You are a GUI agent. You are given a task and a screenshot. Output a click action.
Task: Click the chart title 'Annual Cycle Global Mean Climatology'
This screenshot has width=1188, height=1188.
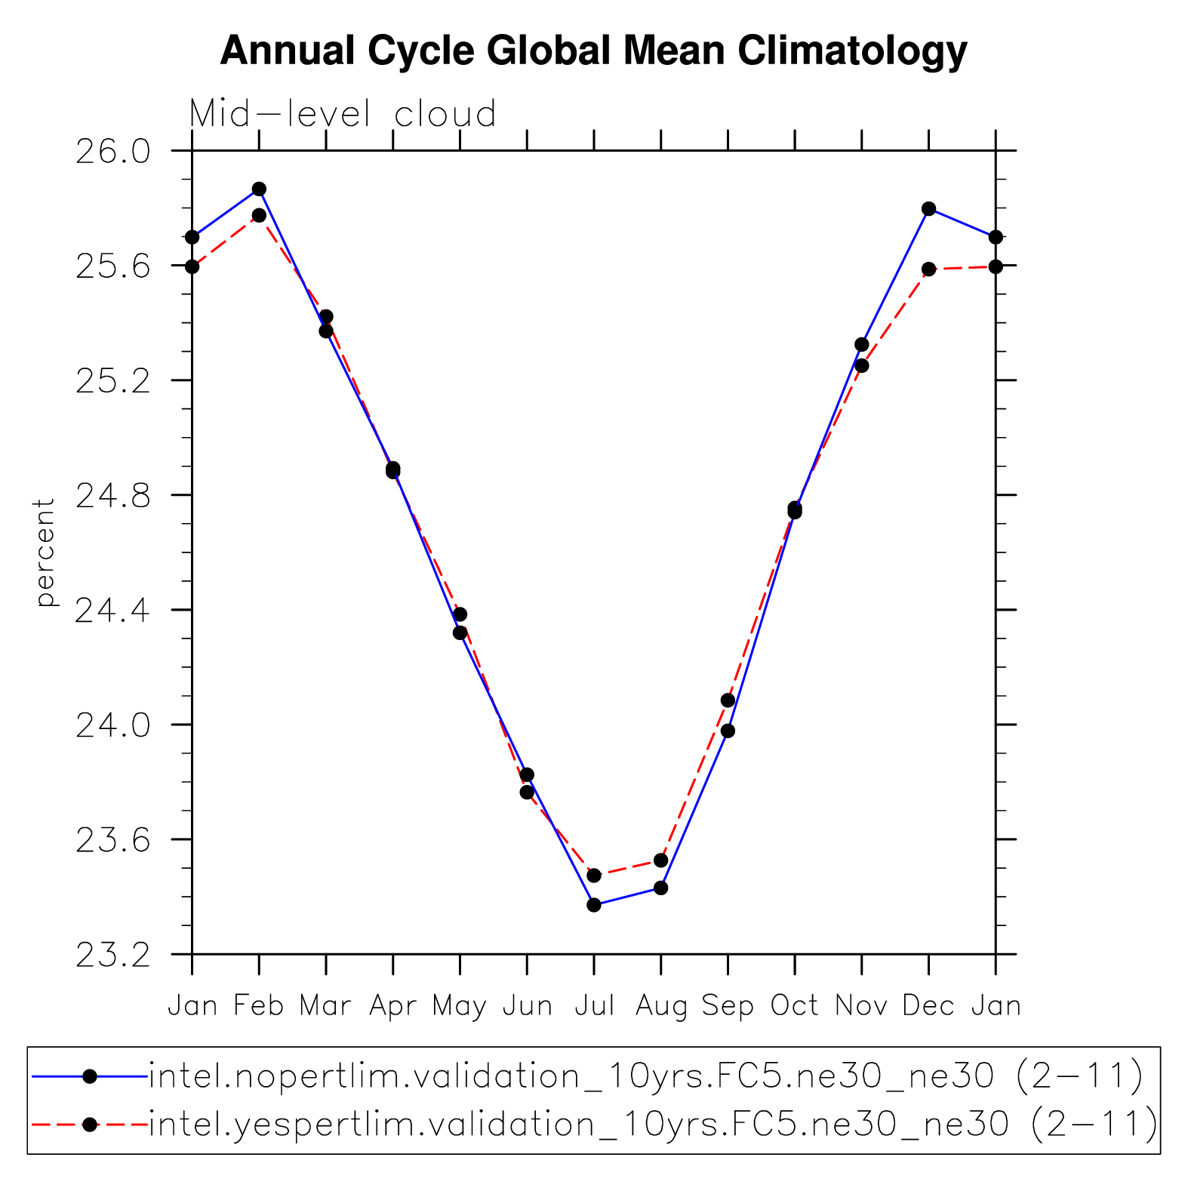click(593, 51)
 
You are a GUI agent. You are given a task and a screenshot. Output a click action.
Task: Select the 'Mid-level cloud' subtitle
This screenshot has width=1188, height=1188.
click(343, 114)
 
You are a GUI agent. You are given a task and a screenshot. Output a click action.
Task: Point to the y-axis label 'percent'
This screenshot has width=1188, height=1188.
click(45, 552)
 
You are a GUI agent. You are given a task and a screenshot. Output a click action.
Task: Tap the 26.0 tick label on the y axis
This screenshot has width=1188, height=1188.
click(112, 152)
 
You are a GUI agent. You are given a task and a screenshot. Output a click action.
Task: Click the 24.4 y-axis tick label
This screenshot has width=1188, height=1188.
click(112, 611)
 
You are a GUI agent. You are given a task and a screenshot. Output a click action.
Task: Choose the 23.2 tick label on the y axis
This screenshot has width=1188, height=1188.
click(112, 955)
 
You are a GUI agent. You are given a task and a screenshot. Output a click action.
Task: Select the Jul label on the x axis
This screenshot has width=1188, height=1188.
click(594, 1006)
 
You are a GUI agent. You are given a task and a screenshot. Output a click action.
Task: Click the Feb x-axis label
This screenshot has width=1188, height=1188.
click(259, 1006)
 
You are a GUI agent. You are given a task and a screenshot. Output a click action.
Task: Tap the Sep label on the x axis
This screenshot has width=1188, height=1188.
click(728, 1006)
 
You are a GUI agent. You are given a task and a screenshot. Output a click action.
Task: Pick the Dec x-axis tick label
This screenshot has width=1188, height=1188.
click(928, 1006)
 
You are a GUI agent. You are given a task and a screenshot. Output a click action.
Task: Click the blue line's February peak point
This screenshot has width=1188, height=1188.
click(259, 189)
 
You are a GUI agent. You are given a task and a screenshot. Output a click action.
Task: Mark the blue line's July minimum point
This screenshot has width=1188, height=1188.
click(594, 905)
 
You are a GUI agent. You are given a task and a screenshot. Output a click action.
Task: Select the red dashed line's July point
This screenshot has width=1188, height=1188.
click(594, 876)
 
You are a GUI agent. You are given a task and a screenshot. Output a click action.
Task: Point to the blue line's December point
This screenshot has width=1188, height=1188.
click(928, 208)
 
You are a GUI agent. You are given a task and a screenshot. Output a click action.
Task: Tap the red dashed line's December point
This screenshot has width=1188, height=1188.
click(928, 269)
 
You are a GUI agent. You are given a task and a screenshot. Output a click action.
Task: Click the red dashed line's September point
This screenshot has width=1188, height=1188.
click(728, 700)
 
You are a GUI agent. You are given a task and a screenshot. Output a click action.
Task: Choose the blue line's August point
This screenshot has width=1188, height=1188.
click(661, 888)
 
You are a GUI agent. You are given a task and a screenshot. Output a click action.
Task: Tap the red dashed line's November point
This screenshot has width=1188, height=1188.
click(862, 366)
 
